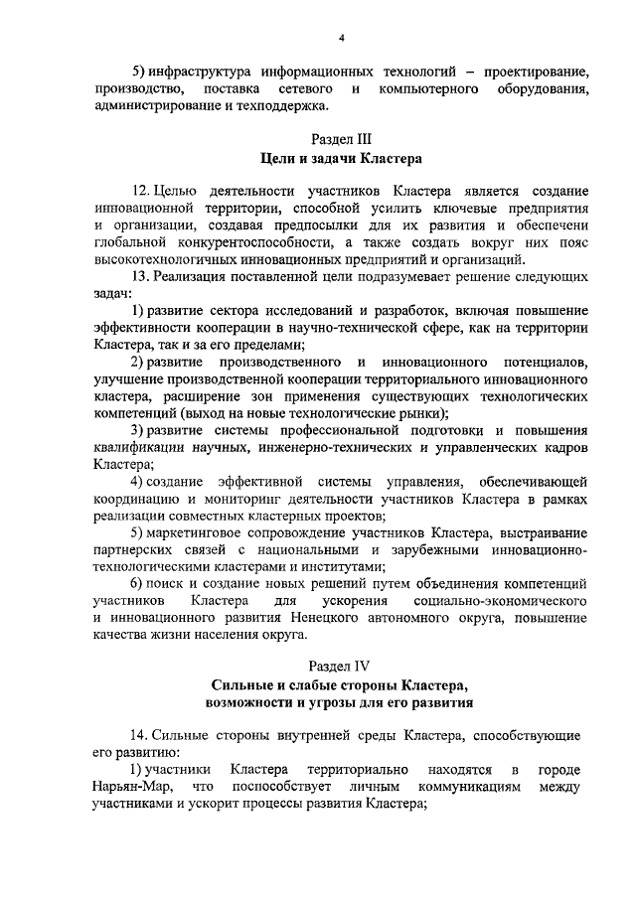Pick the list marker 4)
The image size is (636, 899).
(140, 482)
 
